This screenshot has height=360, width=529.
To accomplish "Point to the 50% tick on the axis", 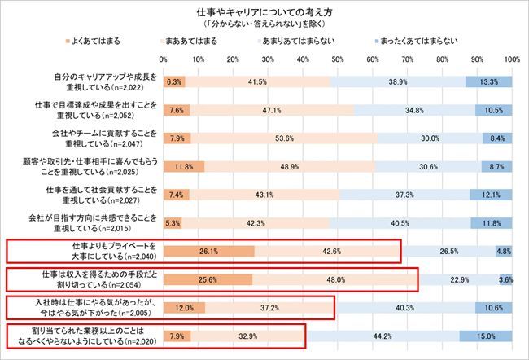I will click(x=337, y=59).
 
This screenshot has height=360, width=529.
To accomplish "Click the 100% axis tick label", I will click(x=511, y=59).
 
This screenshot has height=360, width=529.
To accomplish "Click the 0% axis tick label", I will click(x=164, y=59).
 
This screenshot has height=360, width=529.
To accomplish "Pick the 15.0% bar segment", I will click(x=486, y=335).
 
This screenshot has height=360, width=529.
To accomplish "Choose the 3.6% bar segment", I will click(x=505, y=279).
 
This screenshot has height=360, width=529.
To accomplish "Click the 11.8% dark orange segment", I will click(x=184, y=166).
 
